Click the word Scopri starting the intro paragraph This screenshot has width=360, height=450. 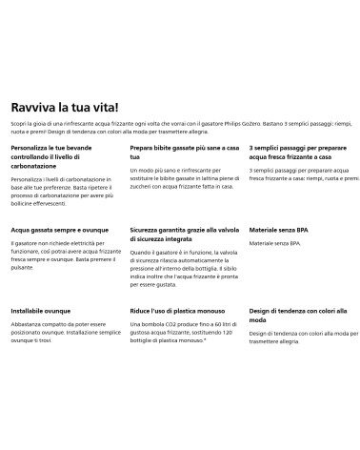click(20, 126)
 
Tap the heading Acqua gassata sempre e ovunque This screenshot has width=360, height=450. click(57, 231)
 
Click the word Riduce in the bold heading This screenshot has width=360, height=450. click(143, 312)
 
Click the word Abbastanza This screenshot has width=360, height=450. click(28, 326)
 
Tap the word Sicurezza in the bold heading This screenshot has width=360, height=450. click(148, 231)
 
